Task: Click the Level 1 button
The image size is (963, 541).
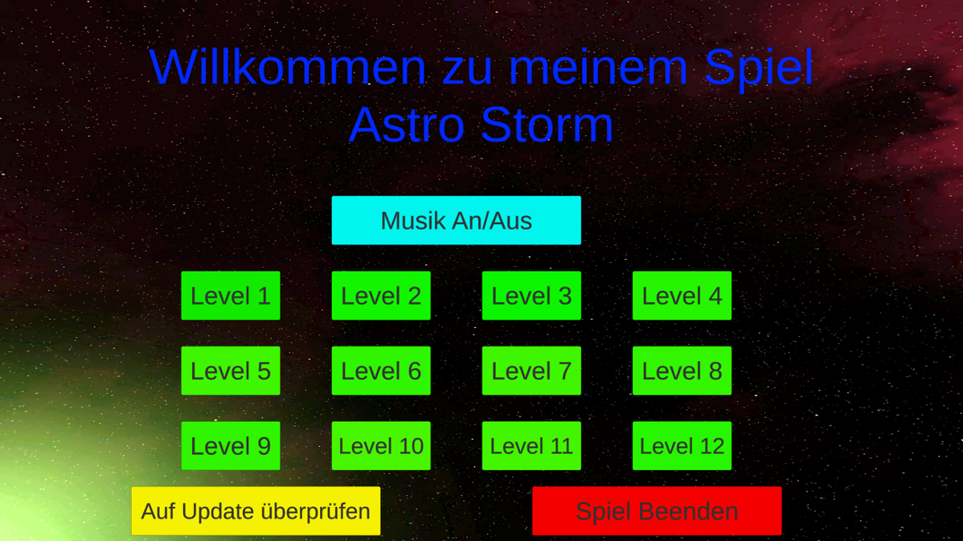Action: coord(230,296)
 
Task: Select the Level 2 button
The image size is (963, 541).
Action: coord(381,296)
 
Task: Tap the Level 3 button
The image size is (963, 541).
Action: coord(531,296)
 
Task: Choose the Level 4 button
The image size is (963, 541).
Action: coord(682,296)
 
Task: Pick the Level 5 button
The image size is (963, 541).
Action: coord(230,371)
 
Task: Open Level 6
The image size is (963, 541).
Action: coord(381,371)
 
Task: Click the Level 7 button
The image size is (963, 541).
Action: coord(531,371)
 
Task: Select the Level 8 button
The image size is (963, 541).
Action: coord(682,371)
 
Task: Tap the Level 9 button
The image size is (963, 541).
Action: coord(230,446)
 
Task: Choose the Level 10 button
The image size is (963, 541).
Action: coord(381,446)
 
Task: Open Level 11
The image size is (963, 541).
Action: coord(531,446)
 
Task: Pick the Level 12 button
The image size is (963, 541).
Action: coord(682,446)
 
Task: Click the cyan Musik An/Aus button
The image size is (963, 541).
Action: coord(456,221)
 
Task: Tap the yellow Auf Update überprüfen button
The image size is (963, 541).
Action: coord(256,511)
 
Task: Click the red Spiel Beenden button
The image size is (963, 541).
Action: coord(656,511)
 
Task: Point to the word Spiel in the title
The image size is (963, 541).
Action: coord(759,68)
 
